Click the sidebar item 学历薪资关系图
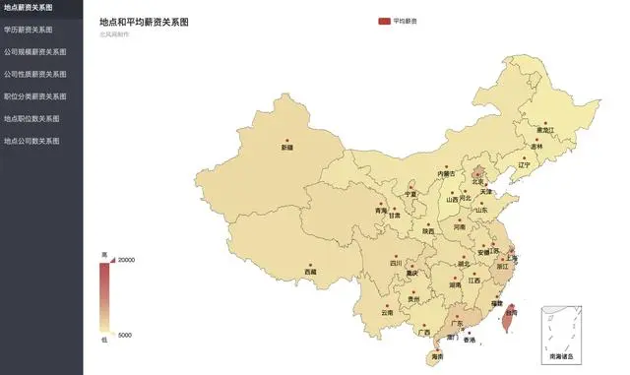(x=29, y=30)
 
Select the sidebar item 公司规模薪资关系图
(x=34, y=51)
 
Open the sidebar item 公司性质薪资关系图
(x=34, y=74)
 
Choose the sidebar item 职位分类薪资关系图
(x=34, y=96)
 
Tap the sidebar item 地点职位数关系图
(x=31, y=118)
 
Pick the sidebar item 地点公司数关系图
(x=31, y=141)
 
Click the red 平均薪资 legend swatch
(x=384, y=21)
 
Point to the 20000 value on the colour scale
(x=127, y=260)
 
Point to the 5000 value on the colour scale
(x=125, y=336)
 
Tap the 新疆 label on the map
(x=287, y=148)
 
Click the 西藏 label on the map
(x=311, y=272)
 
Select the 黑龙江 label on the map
(x=545, y=130)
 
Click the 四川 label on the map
(x=396, y=263)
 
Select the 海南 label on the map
(x=436, y=357)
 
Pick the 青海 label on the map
(x=381, y=211)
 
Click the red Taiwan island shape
(x=508, y=319)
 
